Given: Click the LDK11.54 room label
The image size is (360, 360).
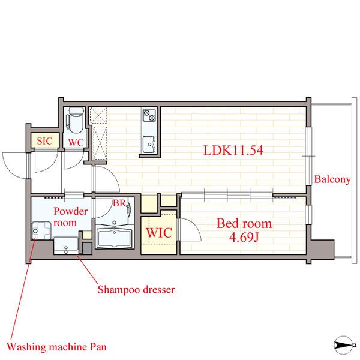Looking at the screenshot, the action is tap(233, 150).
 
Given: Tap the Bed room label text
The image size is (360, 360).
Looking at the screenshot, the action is tap(244, 223).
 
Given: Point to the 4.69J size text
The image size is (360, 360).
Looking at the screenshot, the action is tap(244, 237).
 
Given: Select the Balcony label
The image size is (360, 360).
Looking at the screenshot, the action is tap(332, 179).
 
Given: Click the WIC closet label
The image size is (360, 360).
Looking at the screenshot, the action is tap(159, 233).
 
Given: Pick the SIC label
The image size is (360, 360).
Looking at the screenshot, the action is tap(44, 141).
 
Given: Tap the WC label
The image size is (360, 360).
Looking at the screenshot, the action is tap(76, 143).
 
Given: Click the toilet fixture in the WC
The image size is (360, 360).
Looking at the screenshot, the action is tap(76, 120).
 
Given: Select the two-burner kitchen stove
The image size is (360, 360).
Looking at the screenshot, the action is tap(149, 115).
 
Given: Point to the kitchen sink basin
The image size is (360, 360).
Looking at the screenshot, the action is tap(149, 144).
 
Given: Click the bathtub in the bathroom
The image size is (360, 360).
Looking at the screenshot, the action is tap(115, 238).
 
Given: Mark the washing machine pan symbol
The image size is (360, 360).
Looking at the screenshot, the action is tap(41, 230).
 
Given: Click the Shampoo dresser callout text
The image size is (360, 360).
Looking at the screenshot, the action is tap(136, 290).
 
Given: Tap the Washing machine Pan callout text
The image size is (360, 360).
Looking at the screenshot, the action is tap(57, 347).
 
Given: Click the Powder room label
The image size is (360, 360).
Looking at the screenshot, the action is tap(70, 217).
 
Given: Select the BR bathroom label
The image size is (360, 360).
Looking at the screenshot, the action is tap(119, 203).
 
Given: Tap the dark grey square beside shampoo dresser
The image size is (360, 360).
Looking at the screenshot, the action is tap(87, 248).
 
